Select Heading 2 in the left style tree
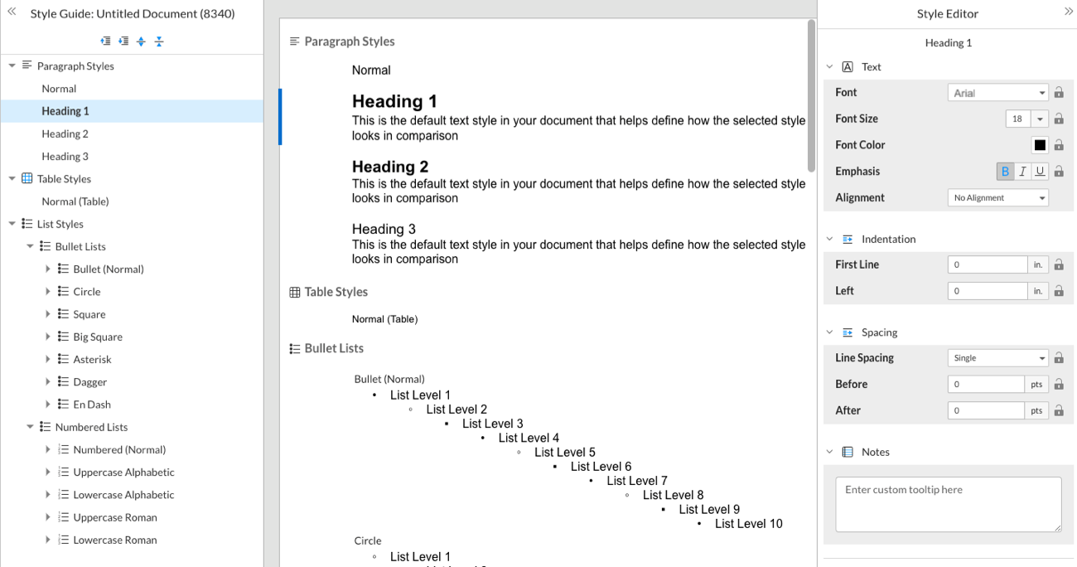pyautogui.click(x=65, y=133)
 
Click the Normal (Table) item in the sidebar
pyautogui.click(x=75, y=201)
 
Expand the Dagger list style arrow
pyautogui.click(x=48, y=382)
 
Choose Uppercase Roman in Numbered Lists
pyautogui.click(x=114, y=517)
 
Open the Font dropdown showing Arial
pyautogui.click(x=997, y=93)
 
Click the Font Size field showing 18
pyautogui.click(x=1017, y=119)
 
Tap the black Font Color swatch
pyautogui.click(x=1040, y=145)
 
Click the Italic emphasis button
pyautogui.click(x=1022, y=172)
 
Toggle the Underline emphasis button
pyautogui.click(x=1039, y=172)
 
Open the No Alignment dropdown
pyautogui.click(x=997, y=198)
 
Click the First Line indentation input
pyautogui.click(x=987, y=265)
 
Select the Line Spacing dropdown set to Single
pyautogui.click(x=997, y=358)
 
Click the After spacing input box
pyautogui.click(x=986, y=410)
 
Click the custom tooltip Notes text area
pyautogui.click(x=948, y=504)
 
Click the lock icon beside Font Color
pyautogui.click(x=1059, y=145)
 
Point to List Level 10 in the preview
pyautogui.click(x=748, y=524)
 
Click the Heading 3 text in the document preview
pyautogui.click(x=384, y=230)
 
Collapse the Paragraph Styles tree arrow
pyautogui.click(x=12, y=66)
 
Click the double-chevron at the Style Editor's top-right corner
pyautogui.click(x=1068, y=12)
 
